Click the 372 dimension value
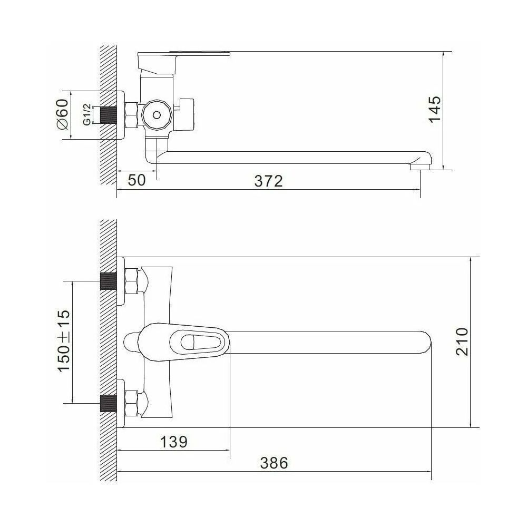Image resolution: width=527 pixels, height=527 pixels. click(268, 181)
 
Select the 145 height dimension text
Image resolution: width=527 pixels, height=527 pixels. click(435, 110)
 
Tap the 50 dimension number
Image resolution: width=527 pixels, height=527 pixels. click(137, 180)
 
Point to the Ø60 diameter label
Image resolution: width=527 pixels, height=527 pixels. click(63, 114)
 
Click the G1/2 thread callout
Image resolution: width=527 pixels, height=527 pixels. click(87, 114)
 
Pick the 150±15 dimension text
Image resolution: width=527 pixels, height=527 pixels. click(64, 340)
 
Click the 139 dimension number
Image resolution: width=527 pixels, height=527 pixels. click(173, 442)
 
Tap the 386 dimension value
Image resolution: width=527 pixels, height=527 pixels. click(274, 463)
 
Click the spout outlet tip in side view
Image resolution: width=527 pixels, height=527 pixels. click(420, 167)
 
